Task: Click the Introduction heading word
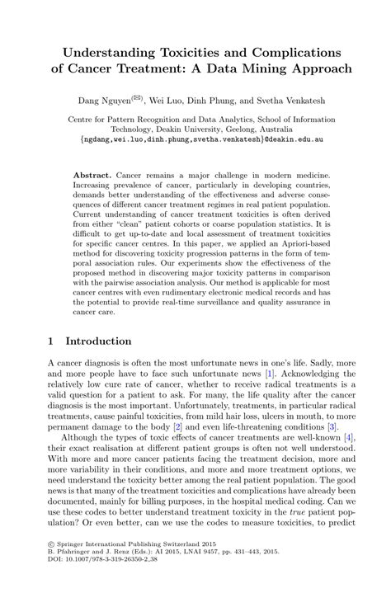(99, 341)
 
